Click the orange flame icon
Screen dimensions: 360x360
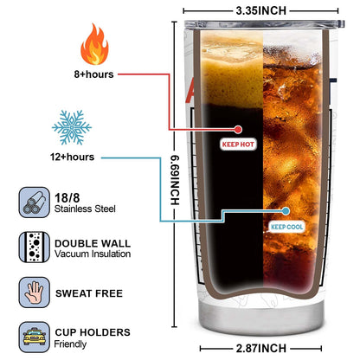pos(94,45)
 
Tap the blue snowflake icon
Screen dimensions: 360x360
pos(72,127)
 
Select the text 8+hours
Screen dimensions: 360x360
pos(93,74)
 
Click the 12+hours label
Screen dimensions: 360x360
pos(72,157)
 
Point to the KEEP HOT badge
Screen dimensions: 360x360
pos(238,144)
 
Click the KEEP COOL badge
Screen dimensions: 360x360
pos(286,227)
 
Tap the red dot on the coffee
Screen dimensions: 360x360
pos(238,130)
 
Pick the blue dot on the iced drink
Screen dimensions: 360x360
pos(286,211)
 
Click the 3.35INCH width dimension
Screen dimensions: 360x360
pos(260,10)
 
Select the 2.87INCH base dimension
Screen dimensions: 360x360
pos(260,348)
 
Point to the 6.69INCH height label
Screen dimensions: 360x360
pos(175,180)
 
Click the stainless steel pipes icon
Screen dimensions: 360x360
pos(35,202)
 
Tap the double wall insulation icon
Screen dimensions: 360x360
pos(35,247)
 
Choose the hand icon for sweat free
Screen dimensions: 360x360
pos(35,292)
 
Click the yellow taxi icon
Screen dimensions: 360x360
pos(35,337)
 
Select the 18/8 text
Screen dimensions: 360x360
pos(67,198)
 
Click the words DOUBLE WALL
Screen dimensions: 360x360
pos(93,243)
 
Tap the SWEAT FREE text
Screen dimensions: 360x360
pos(89,293)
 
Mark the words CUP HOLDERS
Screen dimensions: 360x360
pos(93,332)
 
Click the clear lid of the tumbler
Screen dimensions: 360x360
pos(264,24)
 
